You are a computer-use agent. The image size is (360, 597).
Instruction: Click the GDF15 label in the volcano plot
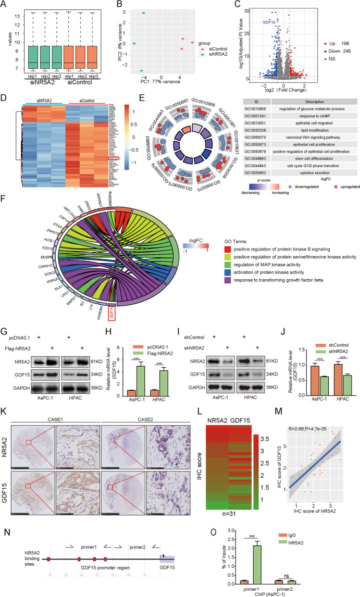coord(268,22)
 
